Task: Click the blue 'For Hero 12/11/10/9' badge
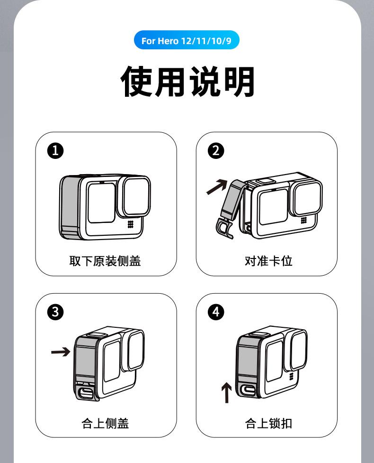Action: (x=187, y=41)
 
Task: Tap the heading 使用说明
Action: (x=187, y=82)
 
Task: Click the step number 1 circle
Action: (x=55, y=151)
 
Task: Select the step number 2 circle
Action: (x=216, y=151)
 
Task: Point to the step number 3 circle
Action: (x=55, y=312)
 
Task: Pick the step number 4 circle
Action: (x=216, y=312)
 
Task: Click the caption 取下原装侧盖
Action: (x=105, y=261)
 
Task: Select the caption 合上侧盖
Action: (x=105, y=423)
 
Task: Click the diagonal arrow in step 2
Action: (x=217, y=187)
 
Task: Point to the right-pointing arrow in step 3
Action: (x=61, y=352)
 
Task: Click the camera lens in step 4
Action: (x=298, y=350)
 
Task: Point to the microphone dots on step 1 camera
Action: (x=130, y=225)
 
